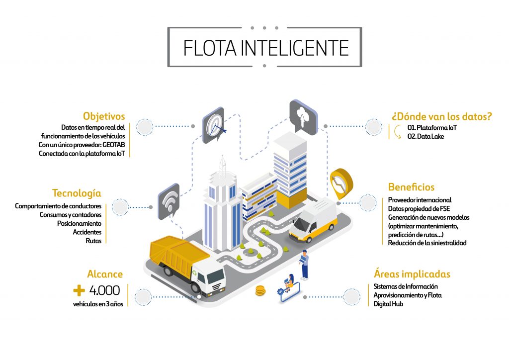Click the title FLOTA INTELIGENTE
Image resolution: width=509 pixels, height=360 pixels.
pyautogui.click(x=265, y=48)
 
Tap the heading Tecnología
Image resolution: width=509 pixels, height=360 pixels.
pyautogui.click(x=77, y=193)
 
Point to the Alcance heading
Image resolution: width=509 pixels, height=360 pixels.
pyautogui.click(x=105, y=274)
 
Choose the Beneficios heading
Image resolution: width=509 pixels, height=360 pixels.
pyautogui.click(x=411, y=187)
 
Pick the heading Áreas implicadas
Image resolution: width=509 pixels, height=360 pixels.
pyautogui.click(x=412, y=274)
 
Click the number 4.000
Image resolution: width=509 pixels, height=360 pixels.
pyautogui.click(x=105, y=290)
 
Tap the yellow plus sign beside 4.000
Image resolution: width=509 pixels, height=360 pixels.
pyautogui.click(x=79, y=290)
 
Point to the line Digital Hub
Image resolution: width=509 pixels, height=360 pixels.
pyautogui.click(x=388, y=304)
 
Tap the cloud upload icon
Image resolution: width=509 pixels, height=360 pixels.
pyautogui.click(x=303, y=115)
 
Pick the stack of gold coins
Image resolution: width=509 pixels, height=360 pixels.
pyautogui.click(x=260, y=291)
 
